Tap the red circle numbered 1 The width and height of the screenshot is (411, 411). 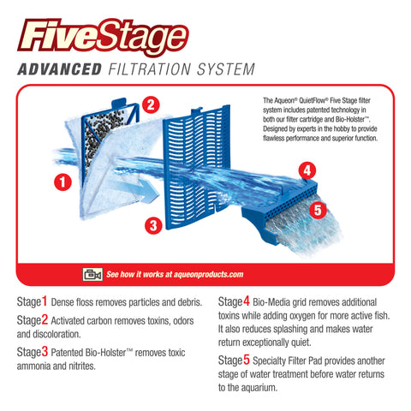point(62,182)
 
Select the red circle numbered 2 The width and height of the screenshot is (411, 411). point(151,105)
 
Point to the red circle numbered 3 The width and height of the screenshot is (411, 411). point(152,226)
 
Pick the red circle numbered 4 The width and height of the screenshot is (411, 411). point(307,170)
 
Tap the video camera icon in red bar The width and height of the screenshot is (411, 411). point(91,274)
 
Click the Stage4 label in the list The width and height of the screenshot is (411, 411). point(235,301)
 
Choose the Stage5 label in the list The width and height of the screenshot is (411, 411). point(235,360)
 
